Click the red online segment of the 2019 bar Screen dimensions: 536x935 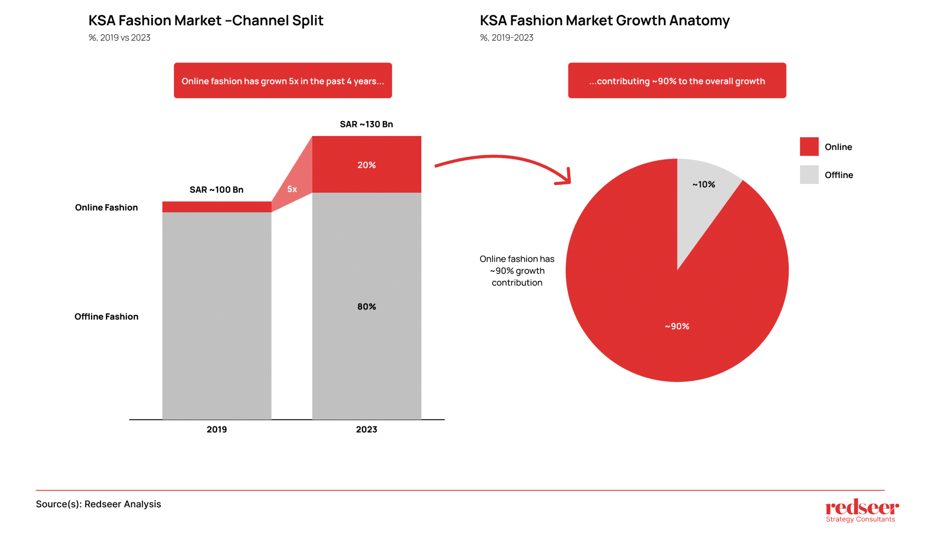(x=216, y=207)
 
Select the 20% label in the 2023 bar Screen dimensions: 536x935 (x=366, y=165)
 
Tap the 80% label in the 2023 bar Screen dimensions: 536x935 (x=366, y=306)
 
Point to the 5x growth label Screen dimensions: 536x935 (x=292, y=189)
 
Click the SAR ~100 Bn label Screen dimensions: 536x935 (x=216, y=189)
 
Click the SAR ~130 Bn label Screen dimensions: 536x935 (x=366, y=124)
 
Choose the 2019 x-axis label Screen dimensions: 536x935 (x=216, y=429)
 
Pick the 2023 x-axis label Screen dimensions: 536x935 (x=366, y=429)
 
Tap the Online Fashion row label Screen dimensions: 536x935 (x=106, y=207)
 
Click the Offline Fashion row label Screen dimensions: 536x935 (x=106, y=316)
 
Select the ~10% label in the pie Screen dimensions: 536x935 (x=704, y=184)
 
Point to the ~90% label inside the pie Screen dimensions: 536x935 (x=677, y=326)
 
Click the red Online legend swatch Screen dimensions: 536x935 (x=809, y=147)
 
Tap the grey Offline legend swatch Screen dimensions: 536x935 (x=809, y=174)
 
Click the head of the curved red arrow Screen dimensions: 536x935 (x=566, y=179)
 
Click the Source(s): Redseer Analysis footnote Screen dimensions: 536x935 (x=99, y=504)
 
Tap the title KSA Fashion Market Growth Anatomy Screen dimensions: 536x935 (x=604, y=21)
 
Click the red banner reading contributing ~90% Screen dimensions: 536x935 (x=677, y=81)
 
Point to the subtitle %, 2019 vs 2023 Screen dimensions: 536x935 (x=120, y=37)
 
